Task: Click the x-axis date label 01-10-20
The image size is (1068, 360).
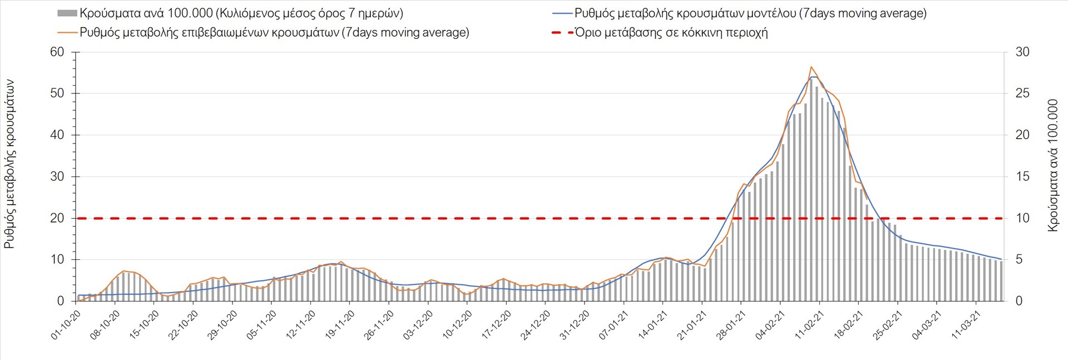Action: (x=66, y=325)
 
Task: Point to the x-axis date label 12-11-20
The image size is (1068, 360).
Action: (x=301, y=325)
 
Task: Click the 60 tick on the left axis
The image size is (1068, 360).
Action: (x=57, y=52)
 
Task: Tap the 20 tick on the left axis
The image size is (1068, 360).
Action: (x=57, y=218)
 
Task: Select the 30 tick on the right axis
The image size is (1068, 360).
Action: (x=1022, y=52)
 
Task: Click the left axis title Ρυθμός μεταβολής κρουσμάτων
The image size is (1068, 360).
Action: (x=9, y=164)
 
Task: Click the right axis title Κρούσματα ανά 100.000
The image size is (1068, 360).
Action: (x=1052, y=165)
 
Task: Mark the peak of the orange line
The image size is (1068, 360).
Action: (x=811, y=67)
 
